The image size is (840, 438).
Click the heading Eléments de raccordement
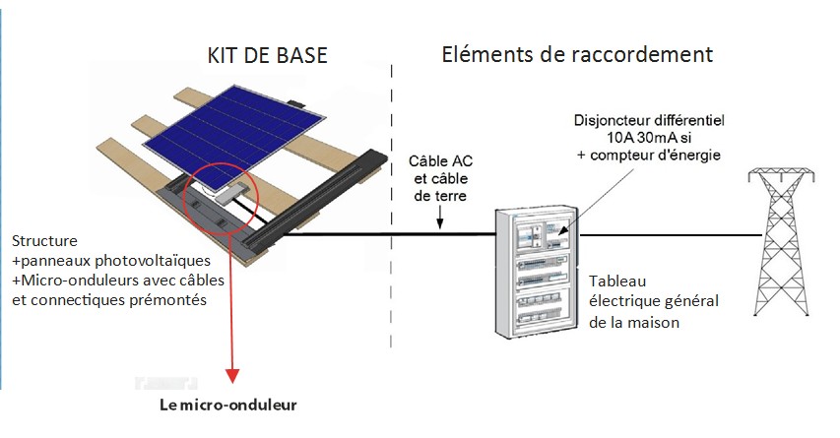pyautogui.click(x=576, y=52)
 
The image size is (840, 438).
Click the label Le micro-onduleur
pyautogui.click(x=227, y=405)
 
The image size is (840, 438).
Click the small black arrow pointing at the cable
pyautogui.click(x=441, y=224)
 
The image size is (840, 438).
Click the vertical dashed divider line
pyautogui.click(x=392, y=197)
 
